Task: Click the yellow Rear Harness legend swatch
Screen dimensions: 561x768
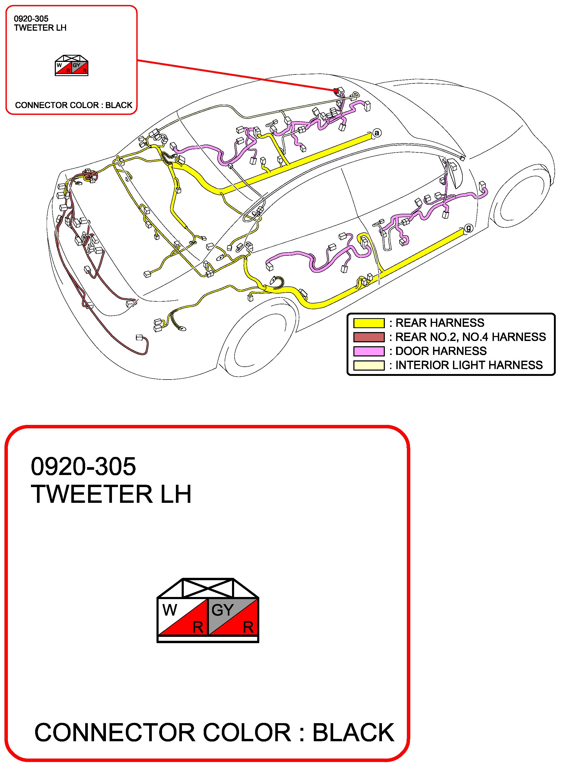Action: point(369,323)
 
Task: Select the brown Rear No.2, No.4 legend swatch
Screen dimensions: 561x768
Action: point(369,337)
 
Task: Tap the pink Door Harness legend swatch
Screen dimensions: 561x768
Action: point(369,351)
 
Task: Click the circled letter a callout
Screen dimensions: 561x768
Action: point(377,133)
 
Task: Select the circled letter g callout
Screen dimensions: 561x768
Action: point(469,228)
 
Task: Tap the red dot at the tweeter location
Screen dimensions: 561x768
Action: point(336,91)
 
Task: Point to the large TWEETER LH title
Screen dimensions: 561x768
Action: point(111,494)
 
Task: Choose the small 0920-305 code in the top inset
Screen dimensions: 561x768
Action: point(31,19)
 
